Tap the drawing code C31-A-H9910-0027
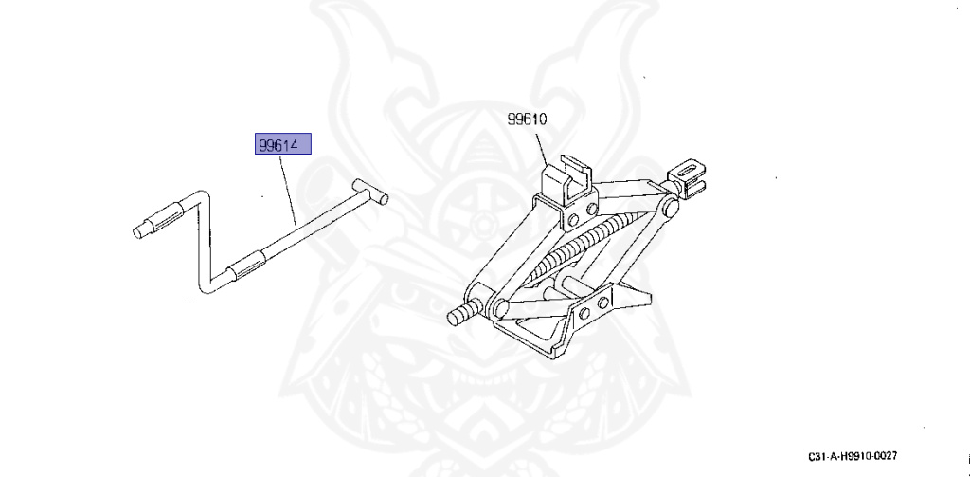[853, 455]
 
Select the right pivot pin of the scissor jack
[669, 209]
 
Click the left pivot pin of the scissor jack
[498, 308]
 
